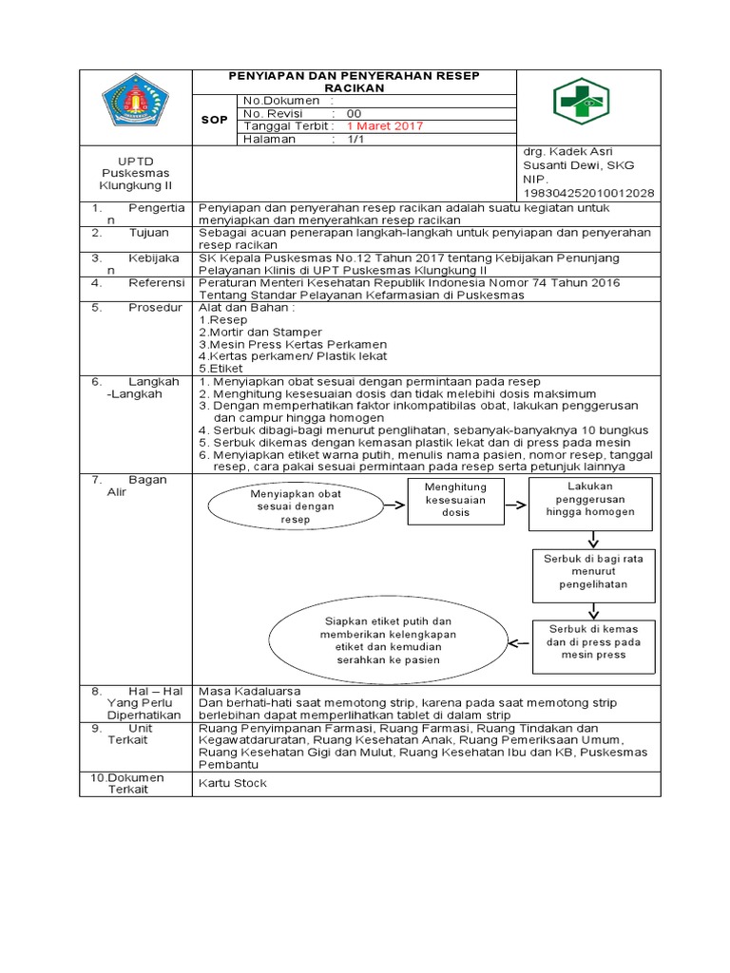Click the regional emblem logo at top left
click(x=135, y=105)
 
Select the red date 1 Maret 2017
click(x=385, y=125)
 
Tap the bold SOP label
click(x=213, y=120)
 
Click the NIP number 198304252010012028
click(x=588, y=192)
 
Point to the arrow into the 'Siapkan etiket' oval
click(x=519, y=642)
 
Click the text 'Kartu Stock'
click(x=233, y=783)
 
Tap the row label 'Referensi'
click(x=155, y=282)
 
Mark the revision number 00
click(x=355, y=113)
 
